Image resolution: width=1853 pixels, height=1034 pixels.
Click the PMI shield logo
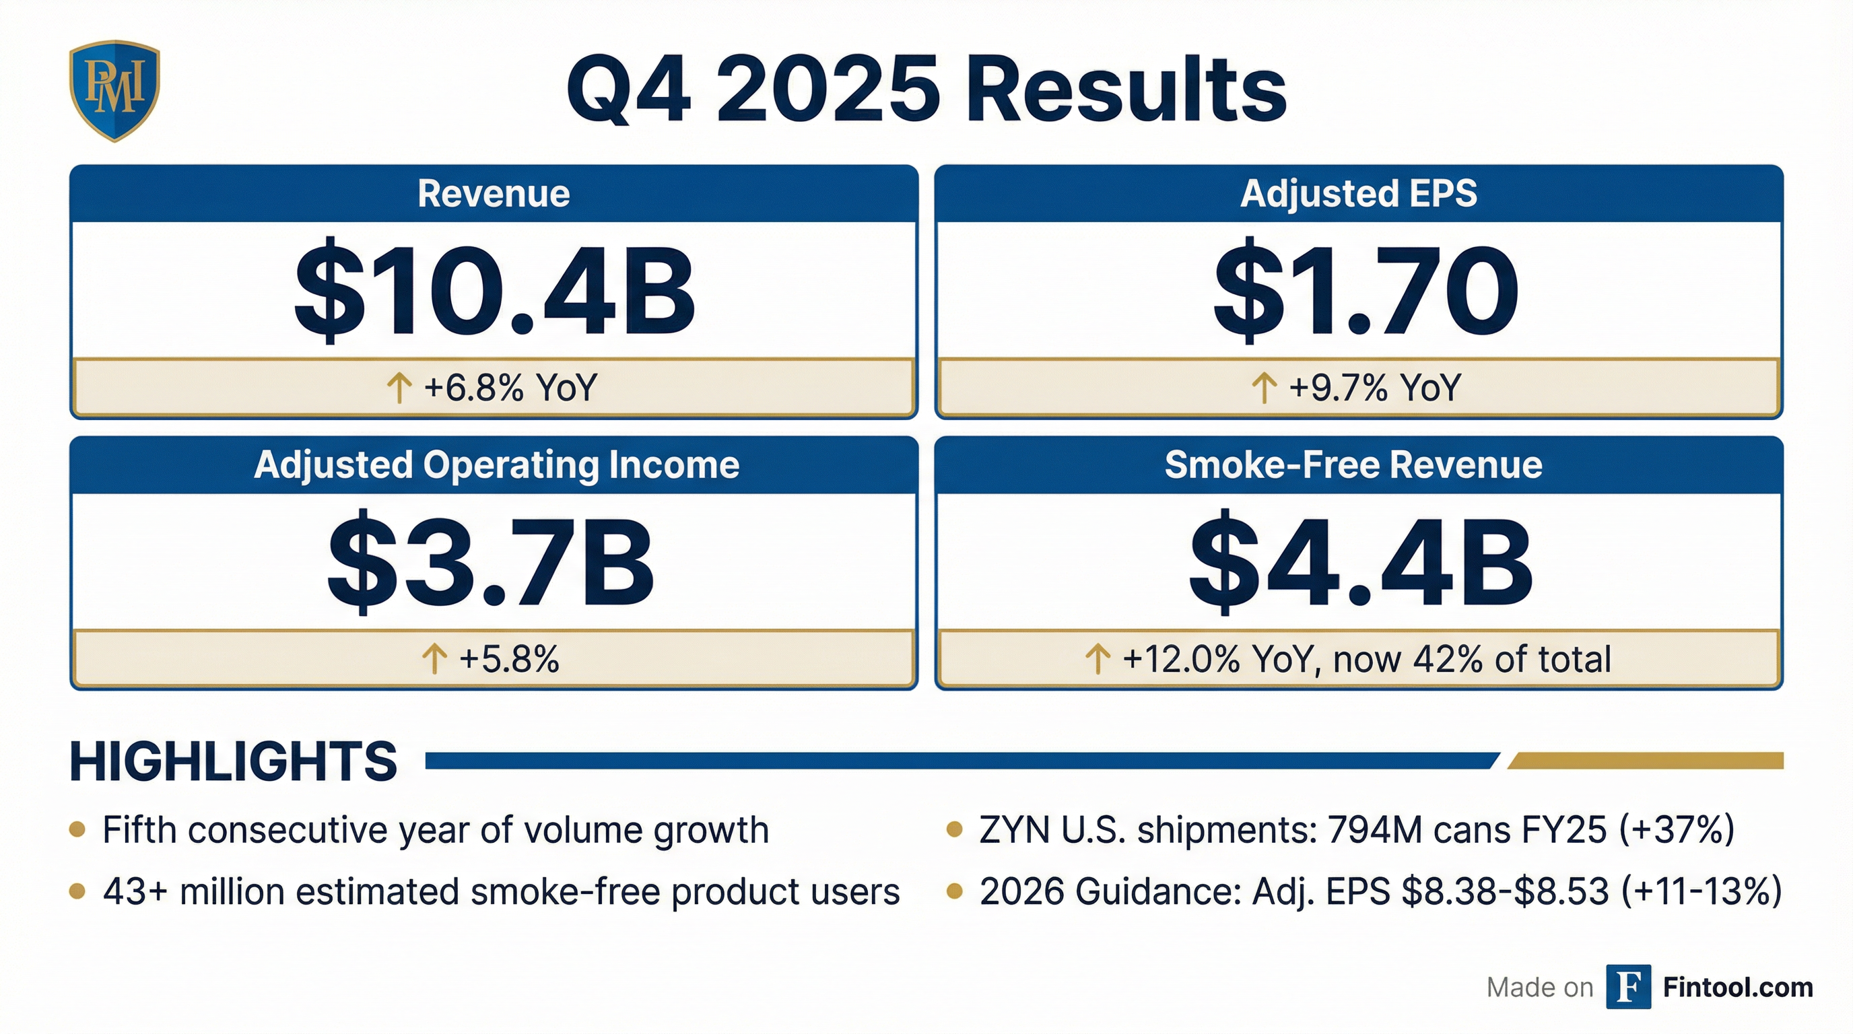(114, 90)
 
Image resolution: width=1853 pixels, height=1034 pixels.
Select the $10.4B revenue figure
(494, 291)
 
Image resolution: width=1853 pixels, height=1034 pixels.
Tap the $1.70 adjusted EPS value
(1365, 291)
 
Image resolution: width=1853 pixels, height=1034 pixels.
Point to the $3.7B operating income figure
(492, 561)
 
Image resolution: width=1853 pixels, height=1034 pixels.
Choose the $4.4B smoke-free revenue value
(1359, 561)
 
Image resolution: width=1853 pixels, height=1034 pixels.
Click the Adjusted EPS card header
(1358, 193)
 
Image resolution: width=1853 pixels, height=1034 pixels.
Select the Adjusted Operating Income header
(496, 464)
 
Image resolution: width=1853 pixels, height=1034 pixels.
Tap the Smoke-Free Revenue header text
(1353, 464)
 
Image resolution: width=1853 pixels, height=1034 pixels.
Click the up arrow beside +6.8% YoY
(399, 388)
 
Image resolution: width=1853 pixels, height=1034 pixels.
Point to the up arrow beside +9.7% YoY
(1264, 388)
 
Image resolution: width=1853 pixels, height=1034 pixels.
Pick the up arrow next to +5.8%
(434, 658)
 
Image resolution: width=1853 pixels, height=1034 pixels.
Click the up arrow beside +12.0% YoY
(1097, 658)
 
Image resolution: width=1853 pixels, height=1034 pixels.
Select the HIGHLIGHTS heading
(233, 761)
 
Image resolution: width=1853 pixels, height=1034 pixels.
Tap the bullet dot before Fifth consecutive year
(77, 831)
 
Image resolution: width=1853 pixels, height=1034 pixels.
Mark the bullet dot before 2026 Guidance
(955, 892)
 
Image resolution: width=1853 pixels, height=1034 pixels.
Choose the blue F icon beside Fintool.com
(1628, 987)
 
